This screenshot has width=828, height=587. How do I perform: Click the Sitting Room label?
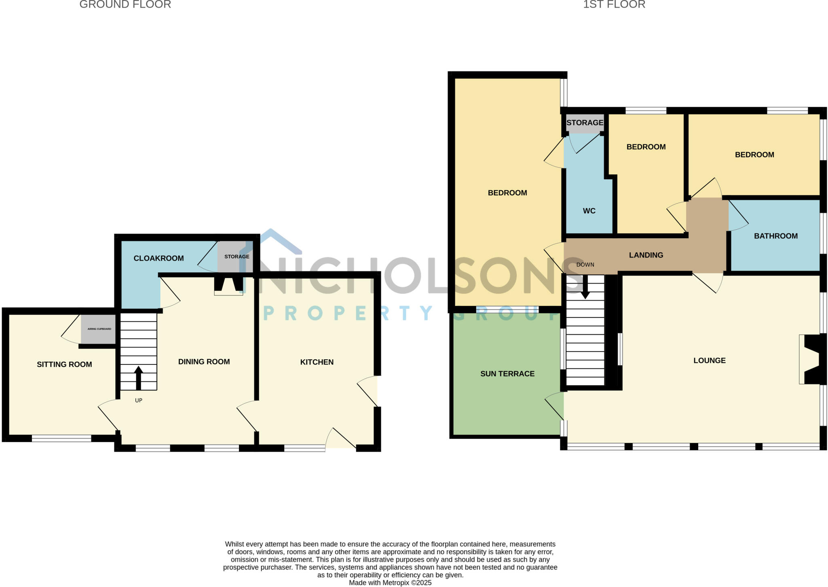64,364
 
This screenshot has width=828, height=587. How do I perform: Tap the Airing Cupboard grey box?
99,329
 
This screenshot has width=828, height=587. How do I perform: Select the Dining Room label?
204,362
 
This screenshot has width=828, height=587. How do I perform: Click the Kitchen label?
317,362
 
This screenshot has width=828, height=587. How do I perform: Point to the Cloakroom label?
158,258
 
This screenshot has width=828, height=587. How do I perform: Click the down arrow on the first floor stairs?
585,289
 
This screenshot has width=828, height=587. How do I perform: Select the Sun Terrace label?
507,374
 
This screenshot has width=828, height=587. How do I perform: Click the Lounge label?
709,360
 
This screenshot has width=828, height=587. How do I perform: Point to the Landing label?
646,255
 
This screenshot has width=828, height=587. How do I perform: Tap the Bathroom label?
775,236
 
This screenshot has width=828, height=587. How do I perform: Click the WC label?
589,211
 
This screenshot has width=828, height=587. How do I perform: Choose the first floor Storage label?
585,123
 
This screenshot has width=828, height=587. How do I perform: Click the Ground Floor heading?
125,5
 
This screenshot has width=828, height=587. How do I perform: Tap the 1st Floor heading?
614,5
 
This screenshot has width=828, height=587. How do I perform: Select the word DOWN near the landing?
585,265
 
